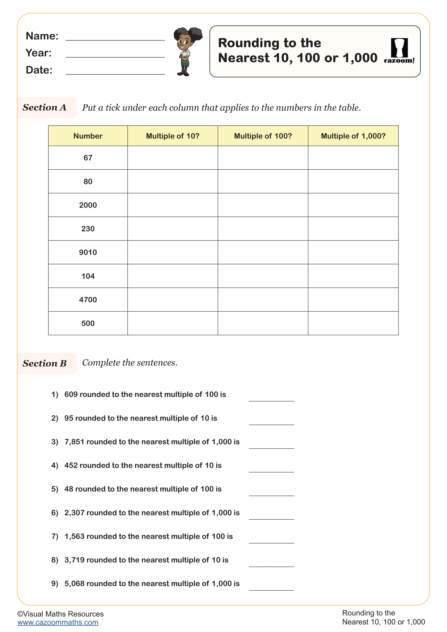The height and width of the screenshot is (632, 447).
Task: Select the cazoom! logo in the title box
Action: click(x=399, y=51)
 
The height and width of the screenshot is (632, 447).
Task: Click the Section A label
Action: click(x=45, y=107)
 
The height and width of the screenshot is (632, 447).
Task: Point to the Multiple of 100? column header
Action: click(x=263, y=136)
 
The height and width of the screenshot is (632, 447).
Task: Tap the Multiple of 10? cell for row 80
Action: click(x=173, y=181)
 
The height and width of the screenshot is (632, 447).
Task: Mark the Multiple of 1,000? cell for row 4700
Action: click(x=353, y=300)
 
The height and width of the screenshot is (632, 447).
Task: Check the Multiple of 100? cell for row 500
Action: click(x=263, y=323)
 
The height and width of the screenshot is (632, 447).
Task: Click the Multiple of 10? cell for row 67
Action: click(x=173, y=158)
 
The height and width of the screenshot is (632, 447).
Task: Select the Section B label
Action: click(x=45, y=363)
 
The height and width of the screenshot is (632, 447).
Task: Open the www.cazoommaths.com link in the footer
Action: click(x=58, y=622)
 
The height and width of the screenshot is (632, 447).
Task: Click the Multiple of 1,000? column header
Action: click(x=353, y=136)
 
